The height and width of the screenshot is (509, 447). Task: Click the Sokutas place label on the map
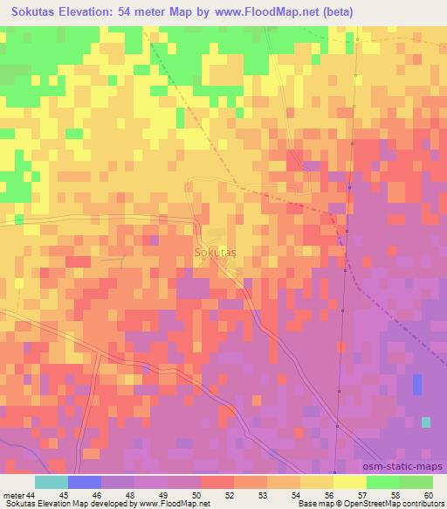pos(214,251)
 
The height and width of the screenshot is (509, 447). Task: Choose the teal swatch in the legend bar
pos(52,482)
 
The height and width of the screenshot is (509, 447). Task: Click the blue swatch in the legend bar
pos(85,482)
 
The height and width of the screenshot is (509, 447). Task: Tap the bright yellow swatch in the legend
pos(350,482)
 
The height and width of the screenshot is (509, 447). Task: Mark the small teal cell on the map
pos(425,422)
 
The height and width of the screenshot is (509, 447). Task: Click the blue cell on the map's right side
pos(416,385)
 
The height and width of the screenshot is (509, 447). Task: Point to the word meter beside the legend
pos(12,495)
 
